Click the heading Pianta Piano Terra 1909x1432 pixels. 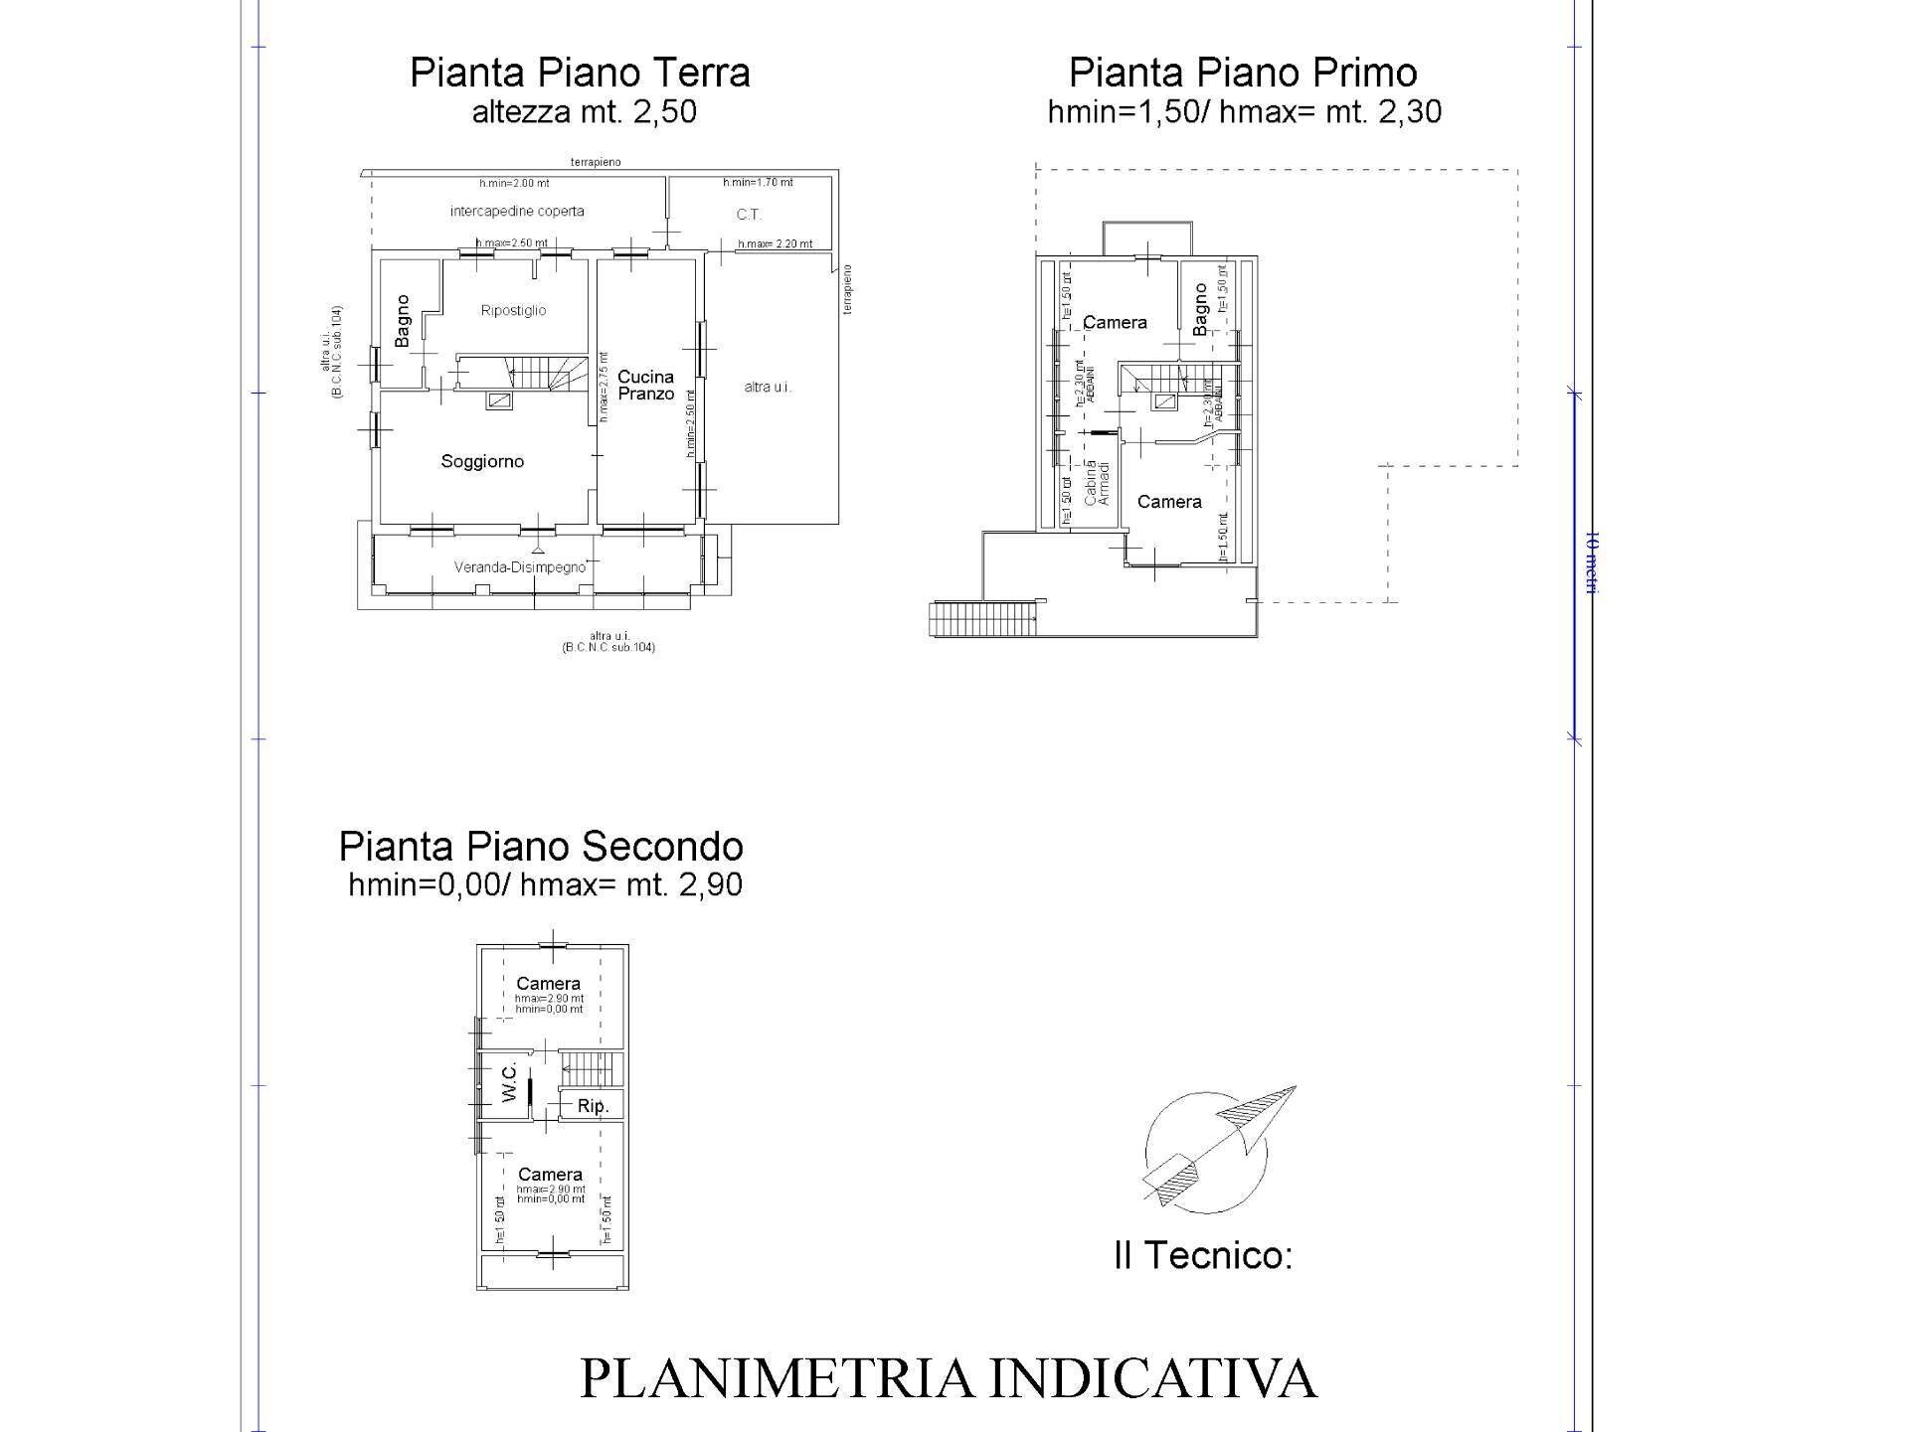point(580,74)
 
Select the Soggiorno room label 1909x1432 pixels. point(482,462)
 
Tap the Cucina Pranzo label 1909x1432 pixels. point(645,386)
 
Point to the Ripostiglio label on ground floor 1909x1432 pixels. point(513,311)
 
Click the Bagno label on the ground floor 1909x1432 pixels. point(403,320)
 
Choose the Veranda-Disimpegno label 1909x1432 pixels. point(520,567)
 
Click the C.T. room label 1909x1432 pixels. point(749,215)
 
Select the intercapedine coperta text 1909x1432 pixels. point(517,212)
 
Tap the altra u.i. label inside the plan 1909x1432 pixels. point(768,388)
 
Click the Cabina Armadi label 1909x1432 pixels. point(1097,482)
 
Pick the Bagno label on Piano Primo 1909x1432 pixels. point(1200,309)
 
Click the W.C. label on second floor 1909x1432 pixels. point(509,1081)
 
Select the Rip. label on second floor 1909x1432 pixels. point(593,1106)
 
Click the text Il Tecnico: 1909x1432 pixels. point(1203,1256)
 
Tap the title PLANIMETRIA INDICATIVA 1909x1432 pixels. point(948,1379)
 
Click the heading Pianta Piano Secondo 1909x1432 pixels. point(541,847)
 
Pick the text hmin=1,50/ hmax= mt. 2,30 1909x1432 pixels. point(1244,112)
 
